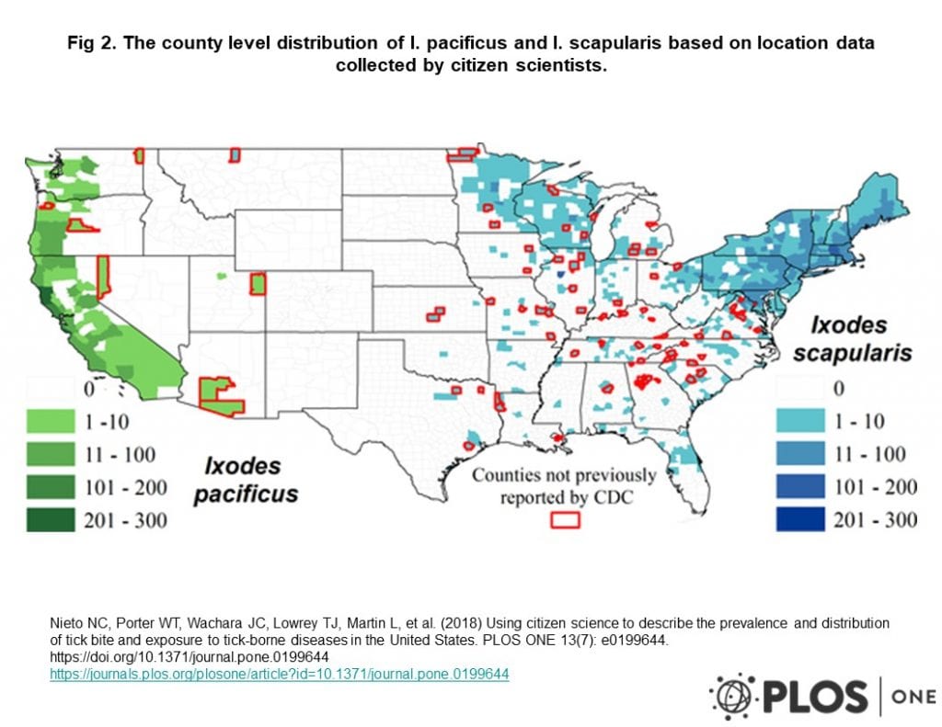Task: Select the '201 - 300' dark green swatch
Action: (x=51, y=520)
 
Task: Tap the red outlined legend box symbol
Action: (x=565, y=518)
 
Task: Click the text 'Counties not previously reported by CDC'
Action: (x=564, y=486)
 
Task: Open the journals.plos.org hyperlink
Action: (x=279, y=674)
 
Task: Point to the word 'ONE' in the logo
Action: (x=912, y=696)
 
